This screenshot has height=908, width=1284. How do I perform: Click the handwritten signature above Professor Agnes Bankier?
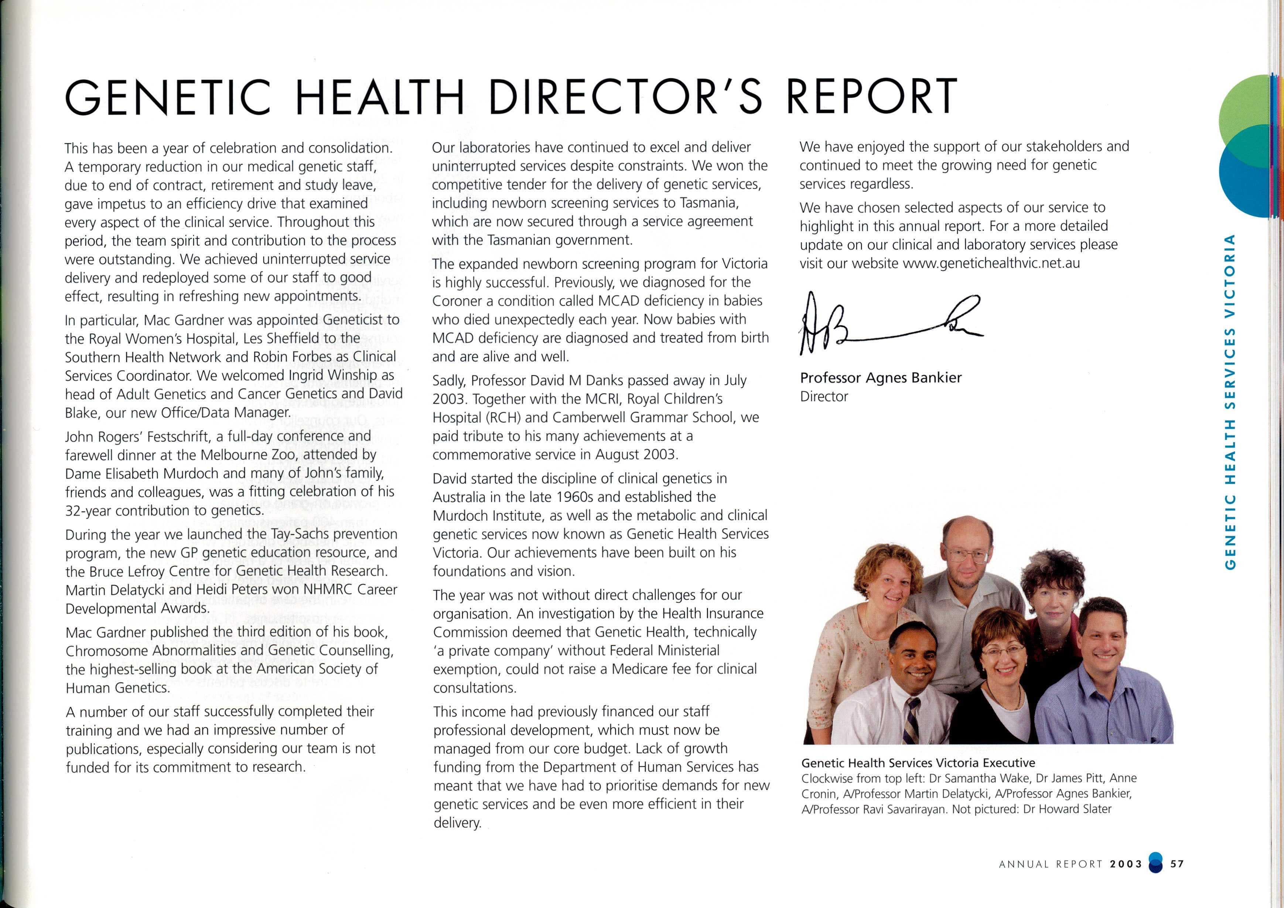pyautogui.click(x=889, y=327)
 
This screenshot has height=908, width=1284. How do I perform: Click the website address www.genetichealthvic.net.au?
pyautogui.click(x=991, y=263)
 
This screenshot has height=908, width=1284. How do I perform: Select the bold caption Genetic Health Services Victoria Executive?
pyautogui.click(x=918, y=763)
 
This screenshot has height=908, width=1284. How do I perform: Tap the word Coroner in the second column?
pyautogui.click(x=457, y=301)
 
